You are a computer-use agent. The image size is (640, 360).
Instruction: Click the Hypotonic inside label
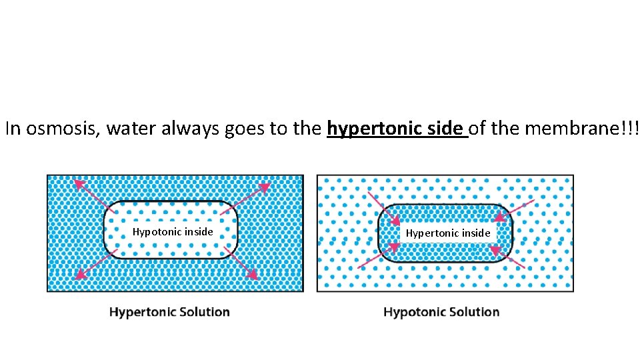[173, 232]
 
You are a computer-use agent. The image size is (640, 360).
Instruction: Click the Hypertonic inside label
[448, 233]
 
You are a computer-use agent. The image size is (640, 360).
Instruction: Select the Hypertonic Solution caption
[169, 312]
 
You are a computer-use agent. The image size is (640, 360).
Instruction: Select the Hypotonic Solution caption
[441, 312]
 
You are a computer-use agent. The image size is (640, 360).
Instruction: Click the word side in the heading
[445, 129]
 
